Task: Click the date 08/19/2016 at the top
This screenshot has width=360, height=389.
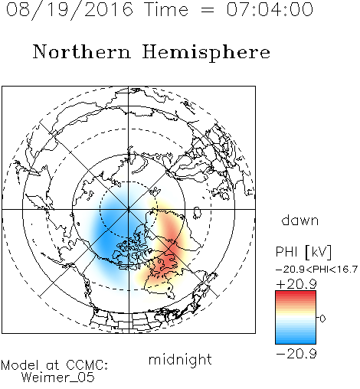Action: click(x=70, y=10)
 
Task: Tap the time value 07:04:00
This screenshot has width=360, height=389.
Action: click(x=270, y=9)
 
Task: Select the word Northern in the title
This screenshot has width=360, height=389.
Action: click(x=82, y=52)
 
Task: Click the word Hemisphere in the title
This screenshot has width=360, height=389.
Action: click(x=206, y=53)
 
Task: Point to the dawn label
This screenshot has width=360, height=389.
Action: click(x=300, y=220)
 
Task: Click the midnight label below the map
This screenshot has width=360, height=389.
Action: click(x=180, y=359)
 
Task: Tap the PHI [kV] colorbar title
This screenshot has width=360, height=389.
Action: click(x=303, y=253)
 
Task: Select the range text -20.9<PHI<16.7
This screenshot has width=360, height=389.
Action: click(x=316, y=270)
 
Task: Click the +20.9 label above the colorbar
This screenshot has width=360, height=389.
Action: click(x=296, y=284)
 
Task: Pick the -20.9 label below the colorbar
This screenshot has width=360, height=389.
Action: click(x=296, y=354)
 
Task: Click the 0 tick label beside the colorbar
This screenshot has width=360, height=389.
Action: click(x=322, y=319)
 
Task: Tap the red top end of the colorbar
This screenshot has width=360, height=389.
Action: click(x=296, y=293)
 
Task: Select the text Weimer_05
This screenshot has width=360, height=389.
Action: click(x=58, y=378)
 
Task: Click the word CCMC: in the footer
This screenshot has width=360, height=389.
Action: click(x=87, y=365)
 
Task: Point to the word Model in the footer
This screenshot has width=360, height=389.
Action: click(x=20, y=365)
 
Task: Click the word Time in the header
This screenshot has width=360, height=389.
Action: click(x=166, y=9)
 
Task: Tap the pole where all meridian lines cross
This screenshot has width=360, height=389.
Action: click(x=129, y=209)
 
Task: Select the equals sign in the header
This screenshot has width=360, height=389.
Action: click(x=208, y=11)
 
